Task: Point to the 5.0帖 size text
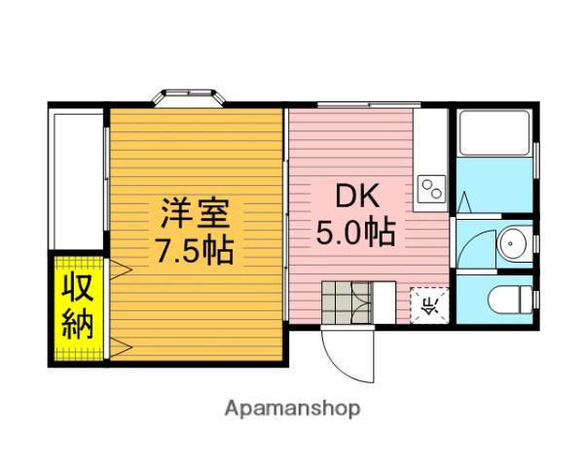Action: click(x=355, y=233)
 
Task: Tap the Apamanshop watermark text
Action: click(x=293, y=409)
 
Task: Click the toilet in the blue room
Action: click(x=508, y=299)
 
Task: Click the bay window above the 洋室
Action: click(x=191, y=97)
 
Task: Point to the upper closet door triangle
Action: click(x=114, y=269)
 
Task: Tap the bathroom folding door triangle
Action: click(x=464, y=203)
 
